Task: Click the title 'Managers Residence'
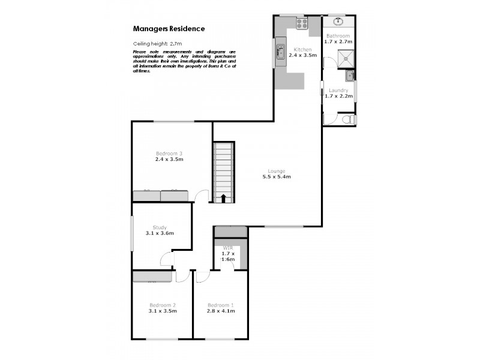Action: click(x=169, y=28)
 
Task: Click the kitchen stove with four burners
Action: click(x=301, y=24)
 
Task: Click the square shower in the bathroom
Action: click(x=346, y=58)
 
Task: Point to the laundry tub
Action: click(x=350, y=76)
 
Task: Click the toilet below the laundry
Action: click(x=346, y=119)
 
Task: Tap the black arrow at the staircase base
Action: click(x=223, y=198)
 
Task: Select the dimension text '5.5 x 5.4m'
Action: click(x=276, y=177)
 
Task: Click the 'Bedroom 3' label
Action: click(x=169, y=154)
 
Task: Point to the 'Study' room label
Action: click(x=160, y=227)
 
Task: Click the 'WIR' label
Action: click(x=228, y=248)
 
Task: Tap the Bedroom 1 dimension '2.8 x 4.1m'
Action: click(x=220, y=311)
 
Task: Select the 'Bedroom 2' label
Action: click(x=162, y=304)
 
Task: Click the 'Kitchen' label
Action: click(x=302, y=49)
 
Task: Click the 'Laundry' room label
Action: click(x=337, y=91)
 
